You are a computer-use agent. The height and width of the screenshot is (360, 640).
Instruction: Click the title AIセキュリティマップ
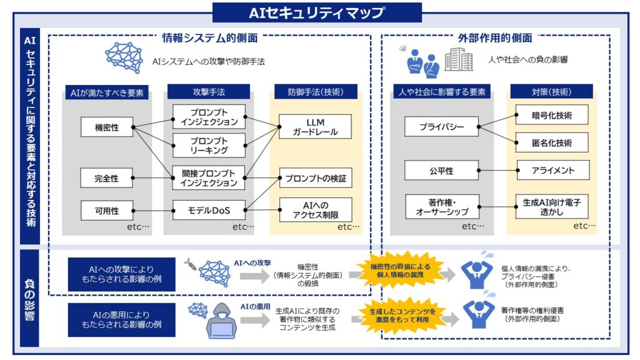coord(317,12)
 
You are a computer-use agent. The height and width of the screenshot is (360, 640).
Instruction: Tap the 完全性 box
coord(107,177)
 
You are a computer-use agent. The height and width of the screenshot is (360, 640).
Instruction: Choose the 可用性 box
coord(107,210)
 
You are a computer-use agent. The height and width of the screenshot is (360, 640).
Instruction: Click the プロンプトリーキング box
coord(209,145)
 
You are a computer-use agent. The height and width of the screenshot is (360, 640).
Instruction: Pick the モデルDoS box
coord(209,210)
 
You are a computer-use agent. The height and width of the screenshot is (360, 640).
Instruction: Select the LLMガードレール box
coord(315,127)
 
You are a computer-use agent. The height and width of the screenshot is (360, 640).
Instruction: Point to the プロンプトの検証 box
coord(315,177)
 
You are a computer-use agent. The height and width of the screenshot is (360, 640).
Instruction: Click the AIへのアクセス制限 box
coord(315,209)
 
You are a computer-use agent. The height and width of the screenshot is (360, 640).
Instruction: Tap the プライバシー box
coord(441,126)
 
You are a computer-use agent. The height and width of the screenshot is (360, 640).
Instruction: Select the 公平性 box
coord(441,170)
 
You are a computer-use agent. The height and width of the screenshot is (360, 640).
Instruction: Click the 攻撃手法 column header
coord(209,92)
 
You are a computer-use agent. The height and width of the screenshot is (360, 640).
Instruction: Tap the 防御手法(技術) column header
coord(314,92)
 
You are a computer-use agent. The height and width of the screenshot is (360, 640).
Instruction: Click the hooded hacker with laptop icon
coord(224,321)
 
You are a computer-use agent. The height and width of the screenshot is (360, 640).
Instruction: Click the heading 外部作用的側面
coord(495,38)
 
